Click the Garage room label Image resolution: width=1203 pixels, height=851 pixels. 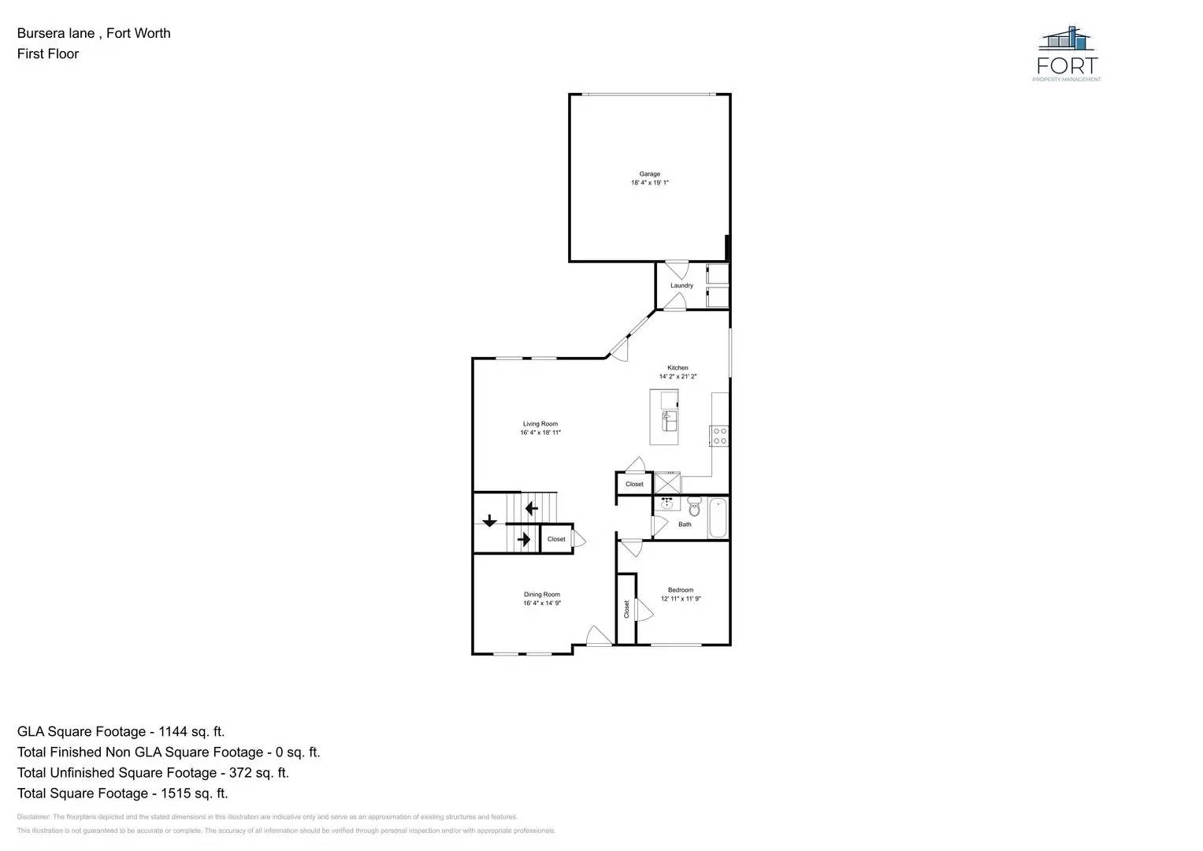click(x=649, y=174)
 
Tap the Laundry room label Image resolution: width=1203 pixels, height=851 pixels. click(x=681, y=285)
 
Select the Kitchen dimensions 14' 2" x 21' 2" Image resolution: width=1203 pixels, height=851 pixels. click(x=678, y=377)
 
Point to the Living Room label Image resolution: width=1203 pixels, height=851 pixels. click(x=540, y=424)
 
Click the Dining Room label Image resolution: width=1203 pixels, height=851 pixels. click(x=542, y=595)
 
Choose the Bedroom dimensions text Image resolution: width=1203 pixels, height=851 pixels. click(x=681, y=599)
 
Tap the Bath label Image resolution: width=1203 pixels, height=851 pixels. click(x=685, y=524)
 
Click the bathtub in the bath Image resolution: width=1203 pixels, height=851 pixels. click(x=718, y=518)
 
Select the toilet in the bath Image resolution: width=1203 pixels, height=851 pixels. click(x=694, y=507)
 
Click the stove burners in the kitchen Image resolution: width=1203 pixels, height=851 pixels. click(x=718, y=436)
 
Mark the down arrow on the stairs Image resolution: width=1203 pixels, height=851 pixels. click(x=489, y=520)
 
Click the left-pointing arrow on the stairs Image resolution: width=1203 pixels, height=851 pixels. click(x=531, y=508)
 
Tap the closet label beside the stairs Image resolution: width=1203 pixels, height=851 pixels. click(x=556, y=539)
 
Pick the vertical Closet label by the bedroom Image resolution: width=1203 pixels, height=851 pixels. click(x=627, y=609)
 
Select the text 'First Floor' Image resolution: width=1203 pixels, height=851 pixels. click(x=48, y=54)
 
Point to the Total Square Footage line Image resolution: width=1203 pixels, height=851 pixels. click(x=123, y=793)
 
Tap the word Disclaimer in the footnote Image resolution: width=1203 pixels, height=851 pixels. click(x=33, y=817)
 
